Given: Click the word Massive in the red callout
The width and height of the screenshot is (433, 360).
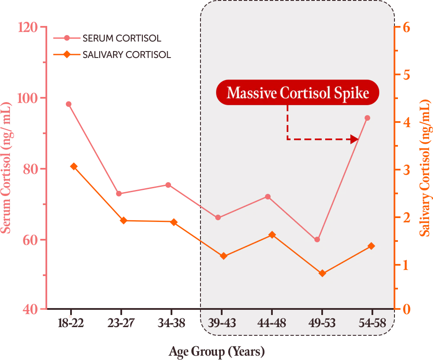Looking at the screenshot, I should [251, 93].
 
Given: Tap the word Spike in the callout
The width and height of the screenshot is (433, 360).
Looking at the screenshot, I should [354, 93].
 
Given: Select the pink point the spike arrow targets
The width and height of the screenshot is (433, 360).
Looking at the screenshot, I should [367, 118].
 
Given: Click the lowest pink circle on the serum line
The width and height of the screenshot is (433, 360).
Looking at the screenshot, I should [317, 239].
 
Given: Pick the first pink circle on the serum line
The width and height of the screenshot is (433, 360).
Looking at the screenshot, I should [69, 104].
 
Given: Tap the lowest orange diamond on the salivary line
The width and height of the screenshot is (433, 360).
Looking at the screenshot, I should [322, 273].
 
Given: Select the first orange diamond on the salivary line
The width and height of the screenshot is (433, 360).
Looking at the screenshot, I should [74, 166].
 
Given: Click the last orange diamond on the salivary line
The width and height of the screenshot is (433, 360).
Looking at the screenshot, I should [371, 246].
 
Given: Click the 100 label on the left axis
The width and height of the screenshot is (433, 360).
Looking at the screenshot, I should [27, 98].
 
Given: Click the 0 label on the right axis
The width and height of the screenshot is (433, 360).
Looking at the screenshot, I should [406, 309].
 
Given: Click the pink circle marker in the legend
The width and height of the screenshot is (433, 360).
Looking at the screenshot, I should [67, 38].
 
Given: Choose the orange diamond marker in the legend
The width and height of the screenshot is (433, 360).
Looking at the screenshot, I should [67, 55].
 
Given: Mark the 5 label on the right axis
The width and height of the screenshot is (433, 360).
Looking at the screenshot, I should [406, 75].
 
